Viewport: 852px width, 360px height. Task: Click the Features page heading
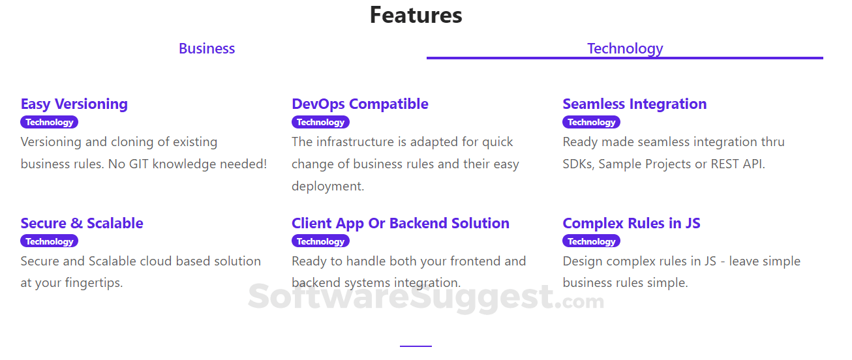click(416, 15)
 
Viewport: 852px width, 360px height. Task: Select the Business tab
click(207, 48)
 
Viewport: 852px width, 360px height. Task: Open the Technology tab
click(624, 48)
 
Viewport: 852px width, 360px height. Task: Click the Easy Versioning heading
click(74, 104)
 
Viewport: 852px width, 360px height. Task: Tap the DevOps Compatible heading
click(360, 104)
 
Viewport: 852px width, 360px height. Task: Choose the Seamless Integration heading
click(634, 104)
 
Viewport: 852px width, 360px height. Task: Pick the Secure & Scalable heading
click(82, 223)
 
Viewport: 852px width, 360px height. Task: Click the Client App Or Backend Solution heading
click(401, 223)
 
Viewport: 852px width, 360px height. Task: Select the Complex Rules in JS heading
click(631, 223)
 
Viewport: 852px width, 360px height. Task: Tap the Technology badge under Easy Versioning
click(50, 122)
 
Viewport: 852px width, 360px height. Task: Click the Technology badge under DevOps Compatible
click(320, 122)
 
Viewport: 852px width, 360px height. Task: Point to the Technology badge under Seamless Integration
click(591, 122)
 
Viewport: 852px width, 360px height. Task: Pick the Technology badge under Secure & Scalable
click(50, 241)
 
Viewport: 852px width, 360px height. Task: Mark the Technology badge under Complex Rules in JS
click(591, 241)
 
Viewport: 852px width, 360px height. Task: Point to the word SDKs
click(578, 164)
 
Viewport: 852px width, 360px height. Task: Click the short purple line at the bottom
click(416, 346)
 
